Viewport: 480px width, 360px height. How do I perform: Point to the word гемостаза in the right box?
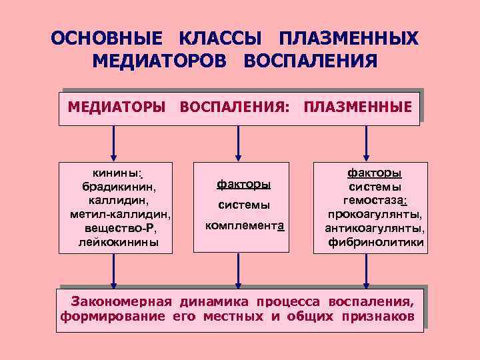[x=375, y=201]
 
